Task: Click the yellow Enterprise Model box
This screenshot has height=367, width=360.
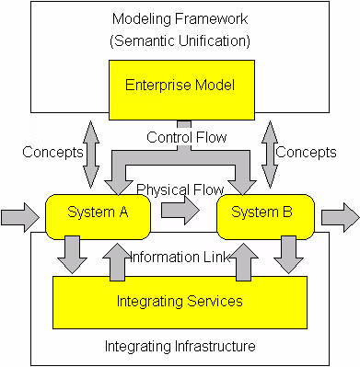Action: click(181, 90)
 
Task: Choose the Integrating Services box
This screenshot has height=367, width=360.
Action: click(180, 303)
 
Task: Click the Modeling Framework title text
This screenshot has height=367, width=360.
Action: click(180, 18)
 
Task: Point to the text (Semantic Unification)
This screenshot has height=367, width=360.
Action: click(180, 40)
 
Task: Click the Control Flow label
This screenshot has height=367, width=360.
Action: click(187, 137)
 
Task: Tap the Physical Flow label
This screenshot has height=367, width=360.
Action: click(180, 189)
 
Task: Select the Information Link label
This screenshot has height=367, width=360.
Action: click(180, 257)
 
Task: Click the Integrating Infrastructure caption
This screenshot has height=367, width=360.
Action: click(180, 346)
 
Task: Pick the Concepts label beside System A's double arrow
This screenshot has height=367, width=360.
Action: click(52, 152)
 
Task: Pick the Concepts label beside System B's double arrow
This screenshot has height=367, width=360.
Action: click(306, 152)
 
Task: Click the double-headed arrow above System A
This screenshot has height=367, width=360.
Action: click(91, 155)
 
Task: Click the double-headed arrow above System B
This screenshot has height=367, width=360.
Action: click(270, 155)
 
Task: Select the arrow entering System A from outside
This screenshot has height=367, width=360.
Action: click(20, 217)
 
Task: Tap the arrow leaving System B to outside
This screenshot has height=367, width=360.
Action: click(341, 217)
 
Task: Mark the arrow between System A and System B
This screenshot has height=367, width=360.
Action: click(180, 211)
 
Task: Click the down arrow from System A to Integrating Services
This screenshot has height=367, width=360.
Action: click(73, 255)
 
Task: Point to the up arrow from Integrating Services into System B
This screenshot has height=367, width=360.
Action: click(244, 262)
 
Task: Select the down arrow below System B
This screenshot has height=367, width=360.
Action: click(288, 255)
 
